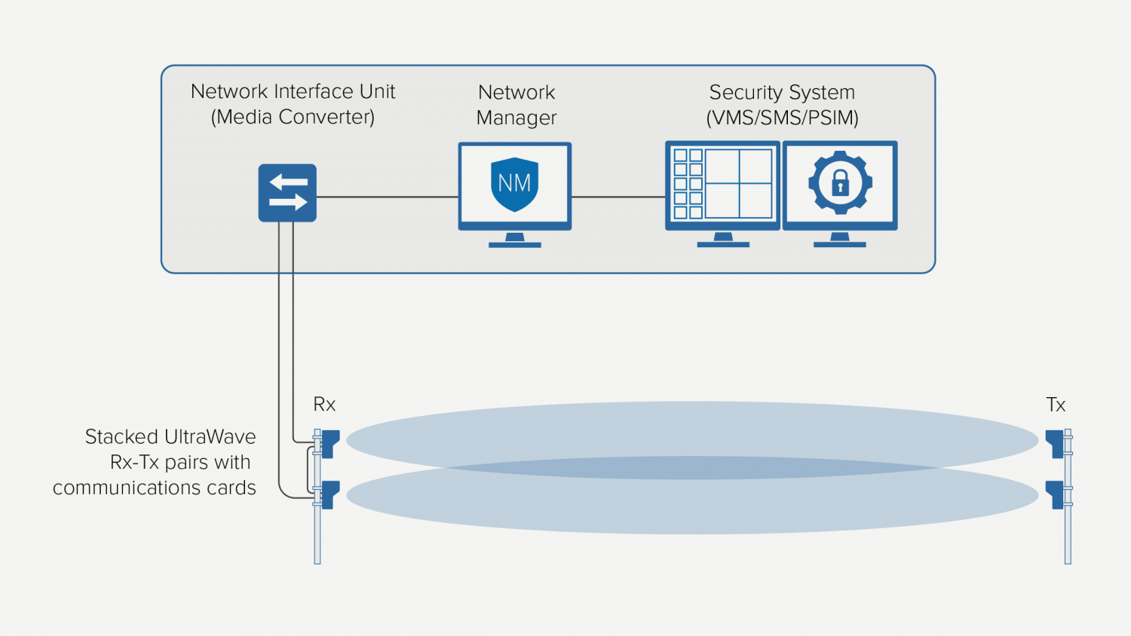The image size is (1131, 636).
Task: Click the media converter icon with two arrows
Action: click(287, 193)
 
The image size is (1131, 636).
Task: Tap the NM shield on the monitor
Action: click(514, 184)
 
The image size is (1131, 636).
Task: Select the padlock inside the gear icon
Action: click(840, 183)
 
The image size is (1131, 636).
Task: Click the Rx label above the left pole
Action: click(324, 405)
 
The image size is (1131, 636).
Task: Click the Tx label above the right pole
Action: click(1056, 405)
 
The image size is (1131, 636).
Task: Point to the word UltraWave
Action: click(210, 437)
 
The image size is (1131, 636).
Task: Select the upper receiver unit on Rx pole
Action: click(329, 442)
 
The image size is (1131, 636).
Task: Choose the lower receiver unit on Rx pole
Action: click(329, 494)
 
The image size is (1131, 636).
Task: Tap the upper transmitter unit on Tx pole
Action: click(1055, 442)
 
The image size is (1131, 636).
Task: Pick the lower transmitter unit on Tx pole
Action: click(1055, 494)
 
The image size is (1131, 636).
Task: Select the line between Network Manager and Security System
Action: click(618, 197)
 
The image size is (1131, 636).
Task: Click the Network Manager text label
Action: click(516, 105)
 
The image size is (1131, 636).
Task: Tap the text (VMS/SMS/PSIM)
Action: click(782, 118)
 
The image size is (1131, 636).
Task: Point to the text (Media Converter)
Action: click(293, 117)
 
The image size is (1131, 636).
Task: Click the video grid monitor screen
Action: click(722, 184)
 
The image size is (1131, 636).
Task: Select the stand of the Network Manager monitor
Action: click(515, 240)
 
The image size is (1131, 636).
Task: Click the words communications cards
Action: click(155, 488)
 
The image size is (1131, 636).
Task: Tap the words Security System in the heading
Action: click(782, 92)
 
